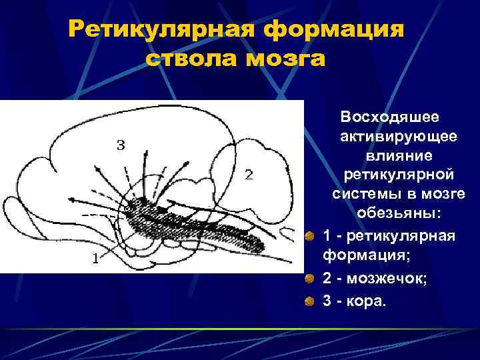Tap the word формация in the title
(334, 30)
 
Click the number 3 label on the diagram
(121, 145)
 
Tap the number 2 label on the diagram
(249, 175)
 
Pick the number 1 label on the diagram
(96, 260)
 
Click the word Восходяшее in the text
(390, 117)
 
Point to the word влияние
(399, 156)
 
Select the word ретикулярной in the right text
(399, 175)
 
